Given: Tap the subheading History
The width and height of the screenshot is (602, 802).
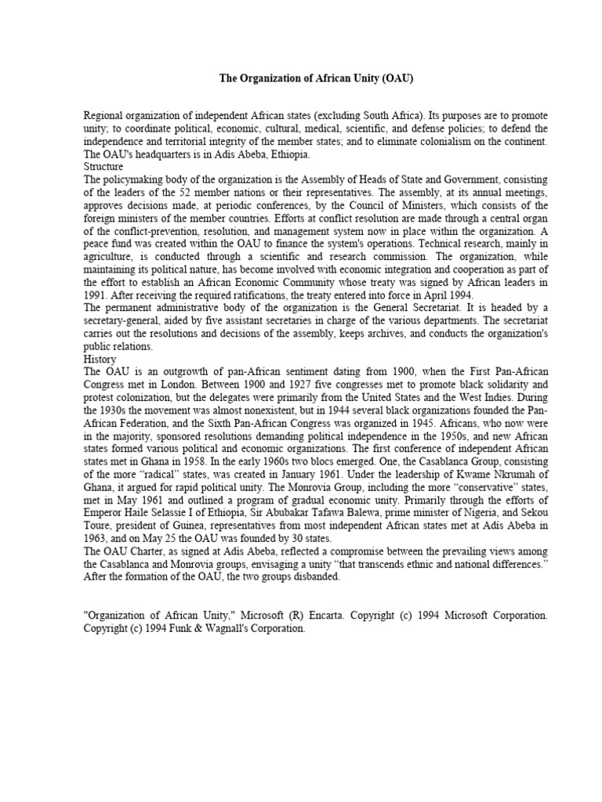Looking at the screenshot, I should tap(100, 359).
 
